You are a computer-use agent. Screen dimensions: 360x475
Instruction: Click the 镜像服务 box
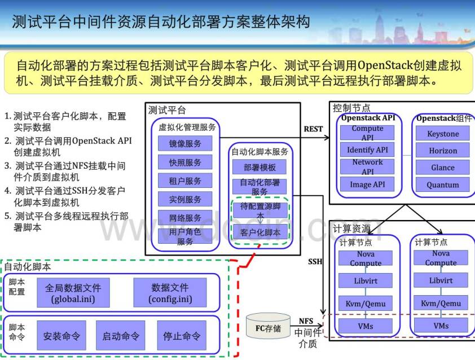184,143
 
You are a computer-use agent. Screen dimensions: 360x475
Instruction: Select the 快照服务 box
184,163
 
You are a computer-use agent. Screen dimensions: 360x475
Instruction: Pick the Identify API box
367,150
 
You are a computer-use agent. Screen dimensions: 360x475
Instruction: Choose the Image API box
367,184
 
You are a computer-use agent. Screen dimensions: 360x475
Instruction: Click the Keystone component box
443,134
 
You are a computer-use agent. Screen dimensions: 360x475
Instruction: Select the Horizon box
443,151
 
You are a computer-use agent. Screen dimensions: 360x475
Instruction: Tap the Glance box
443,168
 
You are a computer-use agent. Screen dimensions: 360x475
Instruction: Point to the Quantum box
443,185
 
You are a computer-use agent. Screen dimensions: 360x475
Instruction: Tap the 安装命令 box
61,336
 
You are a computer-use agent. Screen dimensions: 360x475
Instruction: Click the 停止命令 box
181,336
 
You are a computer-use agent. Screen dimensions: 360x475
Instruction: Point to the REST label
313,129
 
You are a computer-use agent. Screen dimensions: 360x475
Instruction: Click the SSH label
315,262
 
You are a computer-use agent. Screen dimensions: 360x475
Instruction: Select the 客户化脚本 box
260,232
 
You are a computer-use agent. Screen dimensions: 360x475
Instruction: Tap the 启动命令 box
121,336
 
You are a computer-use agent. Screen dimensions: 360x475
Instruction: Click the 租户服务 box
184,181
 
